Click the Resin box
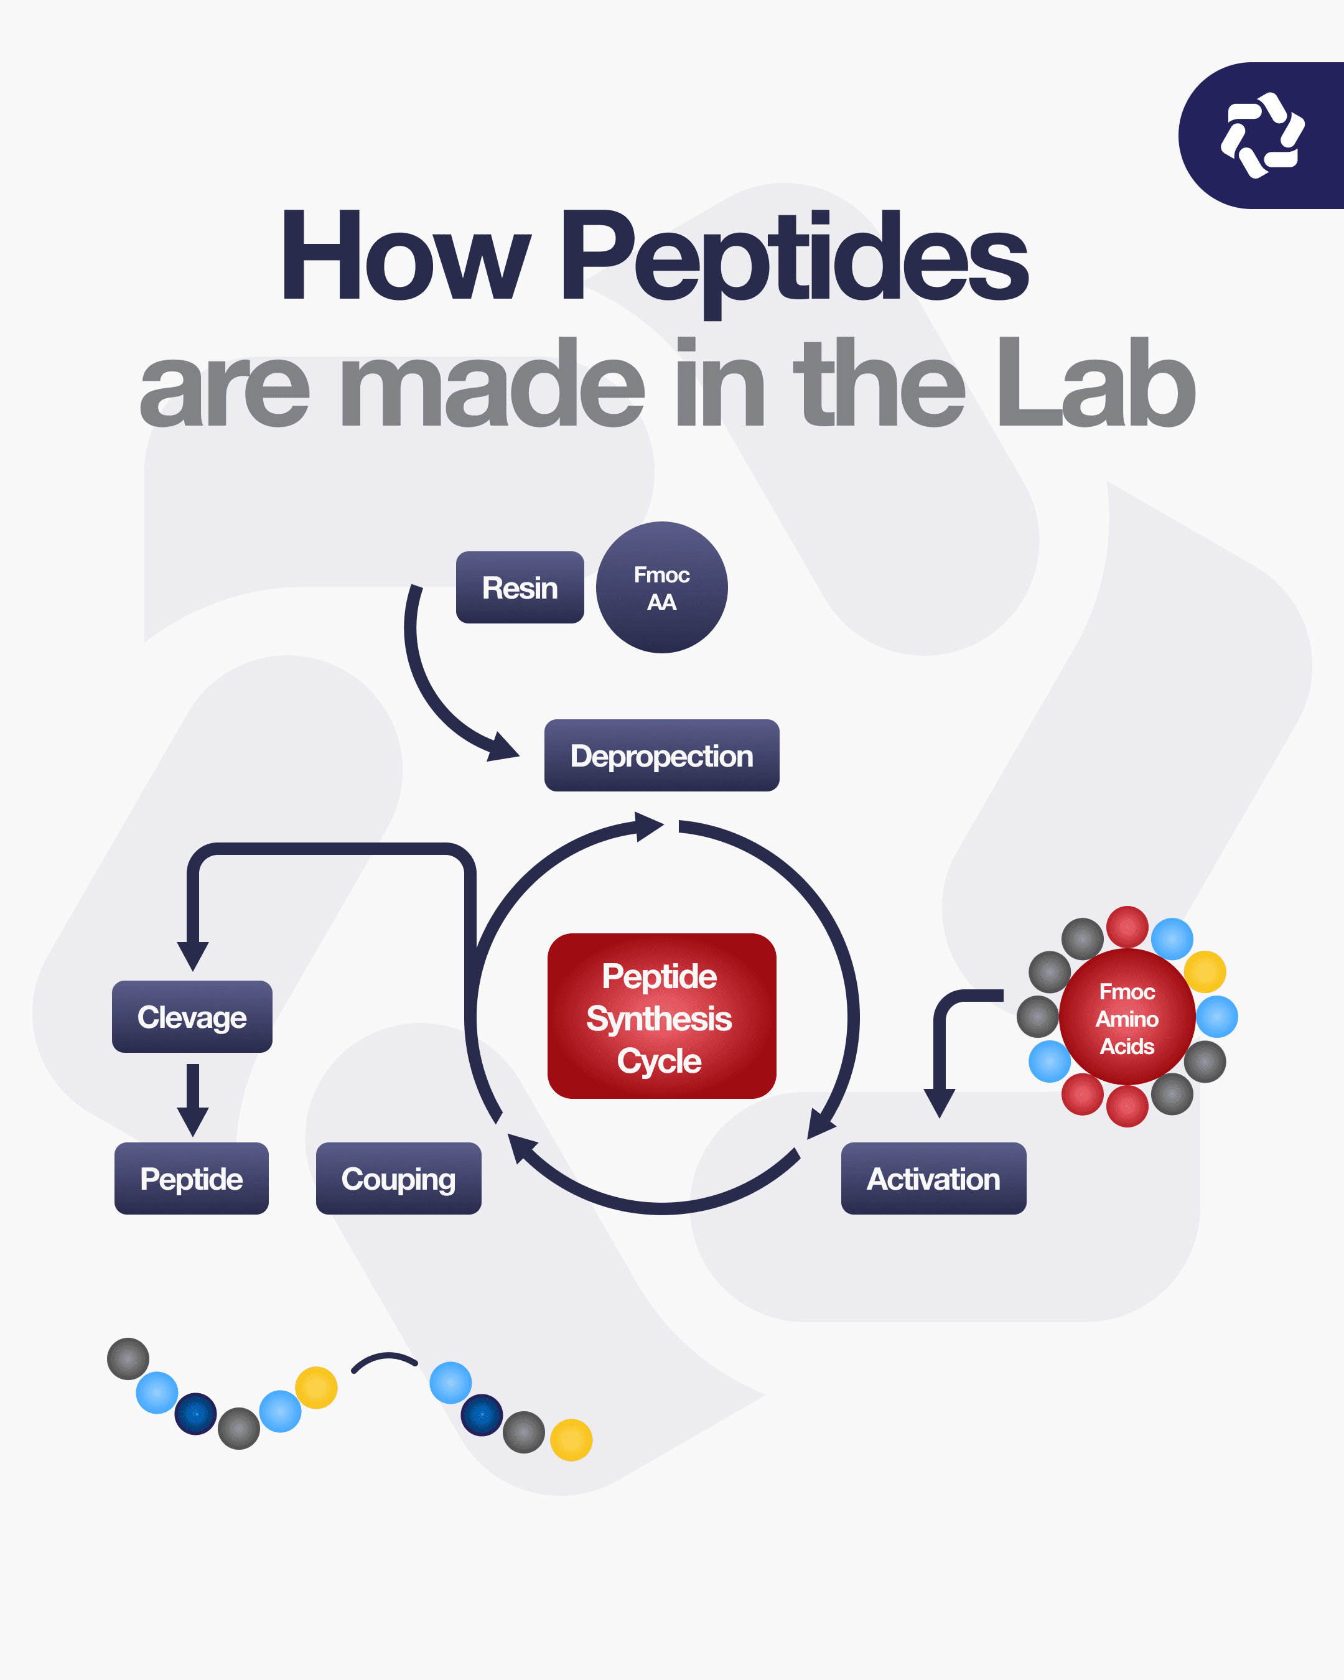[520, 587]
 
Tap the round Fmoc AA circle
[661, 587]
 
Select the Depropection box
[661, 756]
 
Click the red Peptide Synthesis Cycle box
[661, 1016]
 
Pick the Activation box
[933, 1178]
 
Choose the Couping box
[398, 1178]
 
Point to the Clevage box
[192, 1017]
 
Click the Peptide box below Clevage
[192, 1178]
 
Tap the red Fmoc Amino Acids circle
[1127, 1017]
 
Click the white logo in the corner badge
[1262, 135]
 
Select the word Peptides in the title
[795, 257]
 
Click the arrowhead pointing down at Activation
[940, 1102]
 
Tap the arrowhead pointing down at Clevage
[192, 954]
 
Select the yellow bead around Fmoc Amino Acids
[1205, 972]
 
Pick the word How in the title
[405, 257]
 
